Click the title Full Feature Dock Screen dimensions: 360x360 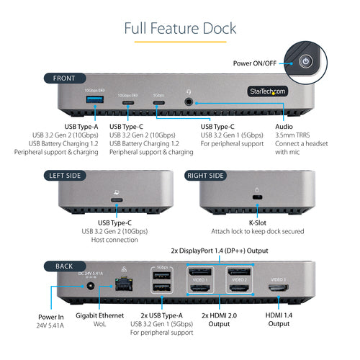tap(179, 28)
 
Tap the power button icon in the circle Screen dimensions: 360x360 tap(307, 61)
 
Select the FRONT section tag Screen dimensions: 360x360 tap(64, 78)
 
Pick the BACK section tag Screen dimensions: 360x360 tap(63, 266)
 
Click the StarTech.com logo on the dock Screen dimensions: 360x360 tap(267, 91)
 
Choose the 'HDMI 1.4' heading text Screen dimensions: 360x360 tap(278, 315)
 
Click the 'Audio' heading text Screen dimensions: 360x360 tap(284, 127)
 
